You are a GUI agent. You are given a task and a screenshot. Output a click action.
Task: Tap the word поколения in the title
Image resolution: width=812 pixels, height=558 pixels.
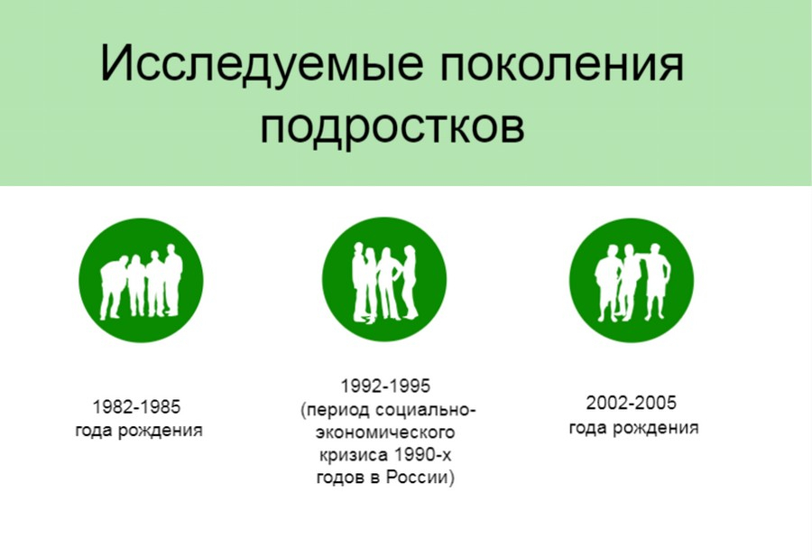[x=562, y=64]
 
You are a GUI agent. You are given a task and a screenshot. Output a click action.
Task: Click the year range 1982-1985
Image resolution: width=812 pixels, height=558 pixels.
[x=137, y=406]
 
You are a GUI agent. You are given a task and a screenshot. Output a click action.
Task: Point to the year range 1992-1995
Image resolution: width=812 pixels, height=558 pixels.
[x=385, y=386]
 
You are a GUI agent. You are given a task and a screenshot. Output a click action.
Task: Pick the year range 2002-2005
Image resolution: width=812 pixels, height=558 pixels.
[x=632, y=403]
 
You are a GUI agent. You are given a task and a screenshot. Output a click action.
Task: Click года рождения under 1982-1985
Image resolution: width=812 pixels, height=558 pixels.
[x=139, y=431]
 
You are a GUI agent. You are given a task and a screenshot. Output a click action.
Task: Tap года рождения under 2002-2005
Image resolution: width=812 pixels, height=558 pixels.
[x=634, y=428]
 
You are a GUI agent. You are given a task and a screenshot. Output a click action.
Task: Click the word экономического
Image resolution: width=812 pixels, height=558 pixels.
[x=385, y=432]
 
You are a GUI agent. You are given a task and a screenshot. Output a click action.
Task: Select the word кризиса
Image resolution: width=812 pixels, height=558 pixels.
[x=354, y=454]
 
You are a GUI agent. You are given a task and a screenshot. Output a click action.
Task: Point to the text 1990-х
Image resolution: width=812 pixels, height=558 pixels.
[x=422, y=454]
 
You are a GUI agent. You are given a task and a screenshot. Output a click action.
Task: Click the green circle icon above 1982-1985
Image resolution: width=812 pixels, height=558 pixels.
[x=141, y=280]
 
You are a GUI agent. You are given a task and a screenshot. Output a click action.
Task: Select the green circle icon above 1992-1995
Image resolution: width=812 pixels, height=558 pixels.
[x=384, y=279]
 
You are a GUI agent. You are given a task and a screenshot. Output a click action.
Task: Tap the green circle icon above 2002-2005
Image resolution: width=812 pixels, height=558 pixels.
[x=632, y=280]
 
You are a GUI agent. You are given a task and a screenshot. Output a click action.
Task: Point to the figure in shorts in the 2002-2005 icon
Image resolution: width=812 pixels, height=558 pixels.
[x=656, y=282]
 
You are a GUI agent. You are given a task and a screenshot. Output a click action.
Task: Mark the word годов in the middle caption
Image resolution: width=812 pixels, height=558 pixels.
[x=340, y=477]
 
